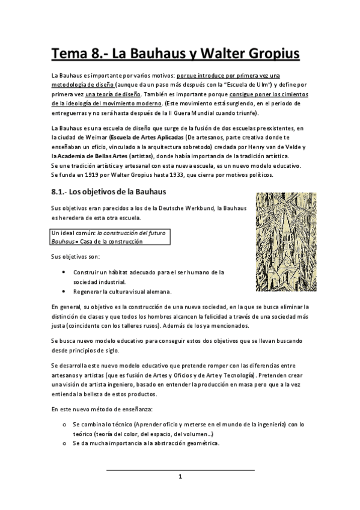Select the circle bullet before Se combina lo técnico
pyautogui.click(x=64, y=425)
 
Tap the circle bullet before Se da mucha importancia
pyautogui.click(x=64, y=444)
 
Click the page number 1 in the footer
pyautogui.click(x=180, y=477)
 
